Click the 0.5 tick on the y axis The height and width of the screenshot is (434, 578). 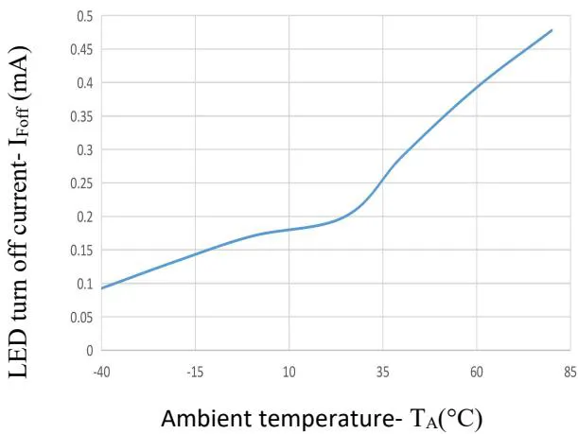86,16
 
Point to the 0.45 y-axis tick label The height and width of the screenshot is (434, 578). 83,49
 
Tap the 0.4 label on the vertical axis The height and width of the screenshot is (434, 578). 86,83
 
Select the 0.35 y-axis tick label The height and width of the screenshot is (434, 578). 83,116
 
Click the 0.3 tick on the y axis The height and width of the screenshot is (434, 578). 86,149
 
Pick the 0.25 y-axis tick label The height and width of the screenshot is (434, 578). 83,183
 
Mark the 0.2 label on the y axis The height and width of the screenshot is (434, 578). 86,217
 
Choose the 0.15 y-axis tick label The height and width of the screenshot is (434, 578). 83,250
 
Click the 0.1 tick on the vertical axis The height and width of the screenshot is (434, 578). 86,284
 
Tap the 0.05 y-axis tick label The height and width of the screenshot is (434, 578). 83,317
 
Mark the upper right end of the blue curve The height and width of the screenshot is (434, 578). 552,30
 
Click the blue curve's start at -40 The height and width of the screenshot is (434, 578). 101,287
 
